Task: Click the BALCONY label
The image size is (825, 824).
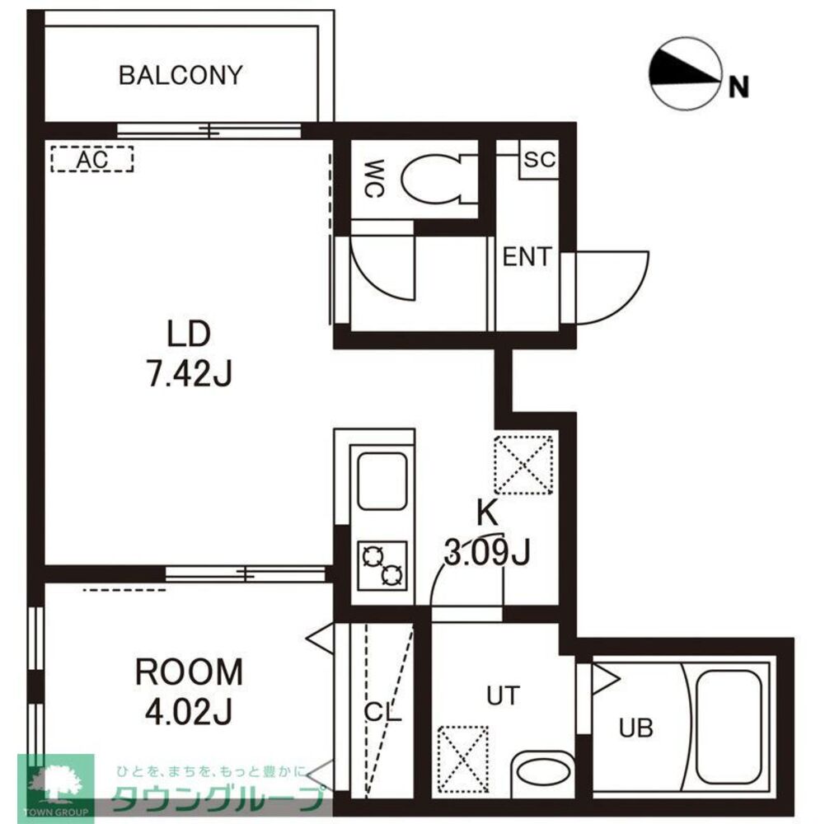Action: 180,75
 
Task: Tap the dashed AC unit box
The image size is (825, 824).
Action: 92,159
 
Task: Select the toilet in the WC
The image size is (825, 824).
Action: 439,178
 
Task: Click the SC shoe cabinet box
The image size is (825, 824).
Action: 539,159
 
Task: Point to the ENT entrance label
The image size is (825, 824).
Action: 527,257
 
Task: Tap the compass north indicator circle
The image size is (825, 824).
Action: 685,73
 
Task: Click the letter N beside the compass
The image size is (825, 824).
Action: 738,87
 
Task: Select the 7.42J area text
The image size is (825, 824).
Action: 189,375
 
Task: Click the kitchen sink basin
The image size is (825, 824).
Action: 382,481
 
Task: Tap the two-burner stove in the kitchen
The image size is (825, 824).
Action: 382,565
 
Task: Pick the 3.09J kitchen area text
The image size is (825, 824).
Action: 487,552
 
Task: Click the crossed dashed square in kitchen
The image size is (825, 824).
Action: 523,465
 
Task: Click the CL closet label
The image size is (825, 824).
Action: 382,713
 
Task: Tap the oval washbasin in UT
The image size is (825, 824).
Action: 543,772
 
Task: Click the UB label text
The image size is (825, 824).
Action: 635,728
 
